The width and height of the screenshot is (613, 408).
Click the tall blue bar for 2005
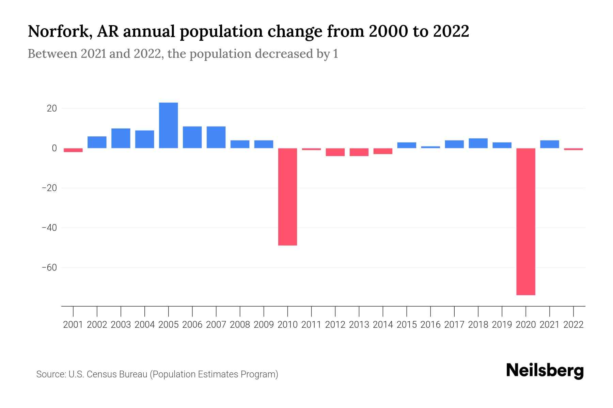point(168,125)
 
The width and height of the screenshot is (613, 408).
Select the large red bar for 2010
point(287,197)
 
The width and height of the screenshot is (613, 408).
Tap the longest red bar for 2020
point(525,221)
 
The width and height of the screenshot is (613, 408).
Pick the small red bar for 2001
point(73,150)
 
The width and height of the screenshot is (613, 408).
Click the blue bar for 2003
point(121,138)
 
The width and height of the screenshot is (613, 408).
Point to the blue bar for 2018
point(478,143)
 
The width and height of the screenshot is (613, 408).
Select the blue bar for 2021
point(549,144)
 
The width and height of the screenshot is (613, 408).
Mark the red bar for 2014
point(383,151)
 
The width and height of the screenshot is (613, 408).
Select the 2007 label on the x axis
point(216,325)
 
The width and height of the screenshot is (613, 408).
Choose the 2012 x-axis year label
point(335,325)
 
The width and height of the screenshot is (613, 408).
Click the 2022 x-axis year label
point(573,325)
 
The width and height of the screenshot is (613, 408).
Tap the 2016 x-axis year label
point(430,325)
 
